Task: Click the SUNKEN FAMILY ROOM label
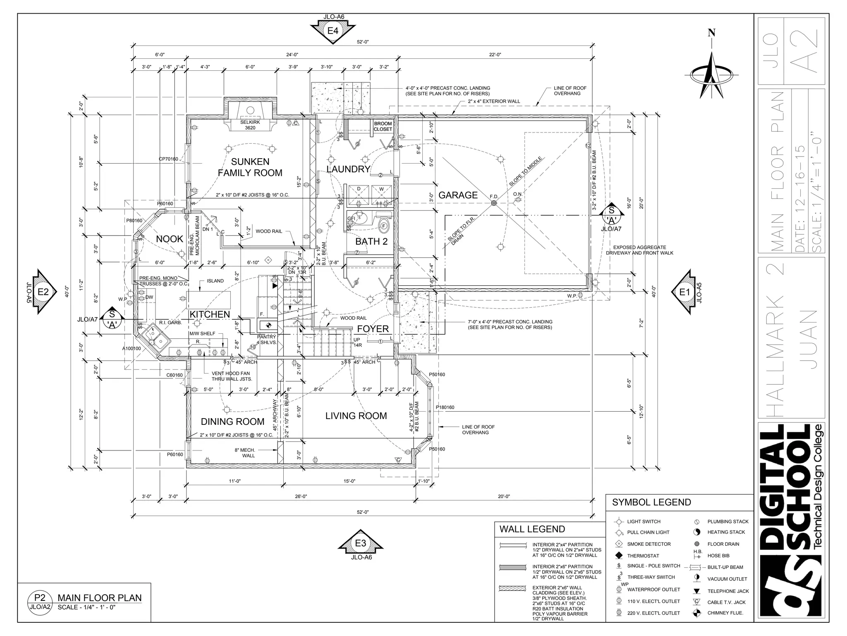tap(250, 167)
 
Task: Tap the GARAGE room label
tap(458, 195)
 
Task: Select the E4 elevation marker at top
tap(333, 31)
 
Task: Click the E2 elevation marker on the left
tap(43, 292)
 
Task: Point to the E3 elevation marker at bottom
tap(361, 543)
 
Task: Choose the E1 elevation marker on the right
tap(685, 292)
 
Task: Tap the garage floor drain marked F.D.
tap(493, 203)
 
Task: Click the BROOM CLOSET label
tap(383, 126)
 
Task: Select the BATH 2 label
tap(371, 241)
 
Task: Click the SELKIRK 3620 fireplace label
tap(250, 125)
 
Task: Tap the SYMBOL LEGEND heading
tap(651, 502)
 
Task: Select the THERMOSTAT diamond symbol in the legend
tap(619, 555)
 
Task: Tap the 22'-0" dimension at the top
tap(495, 55)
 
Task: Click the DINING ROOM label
tap(232, 422)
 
